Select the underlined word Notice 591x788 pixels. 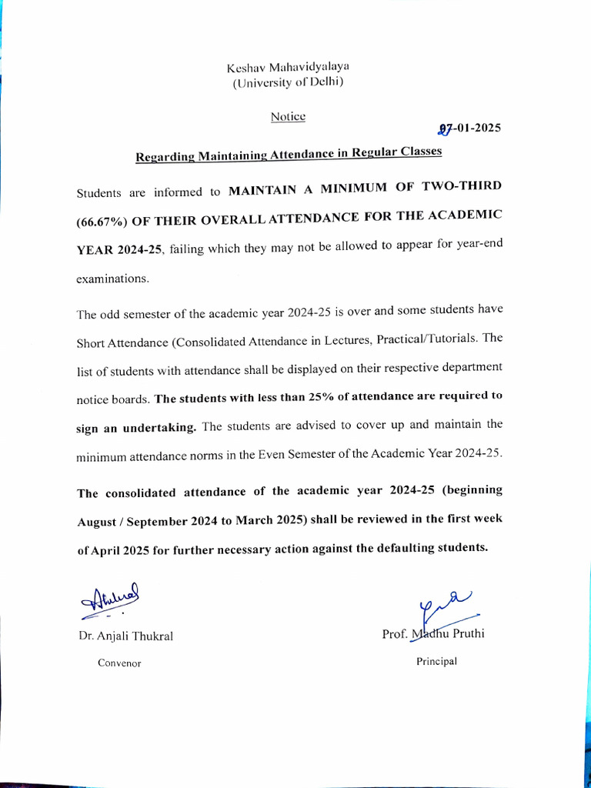(x=288, y=117)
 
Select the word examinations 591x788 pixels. (x=112, y=279)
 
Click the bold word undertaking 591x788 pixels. (x=158, y=428)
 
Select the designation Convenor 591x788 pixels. (x=119, y=663)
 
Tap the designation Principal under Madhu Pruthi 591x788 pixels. (x=436, y=661)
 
